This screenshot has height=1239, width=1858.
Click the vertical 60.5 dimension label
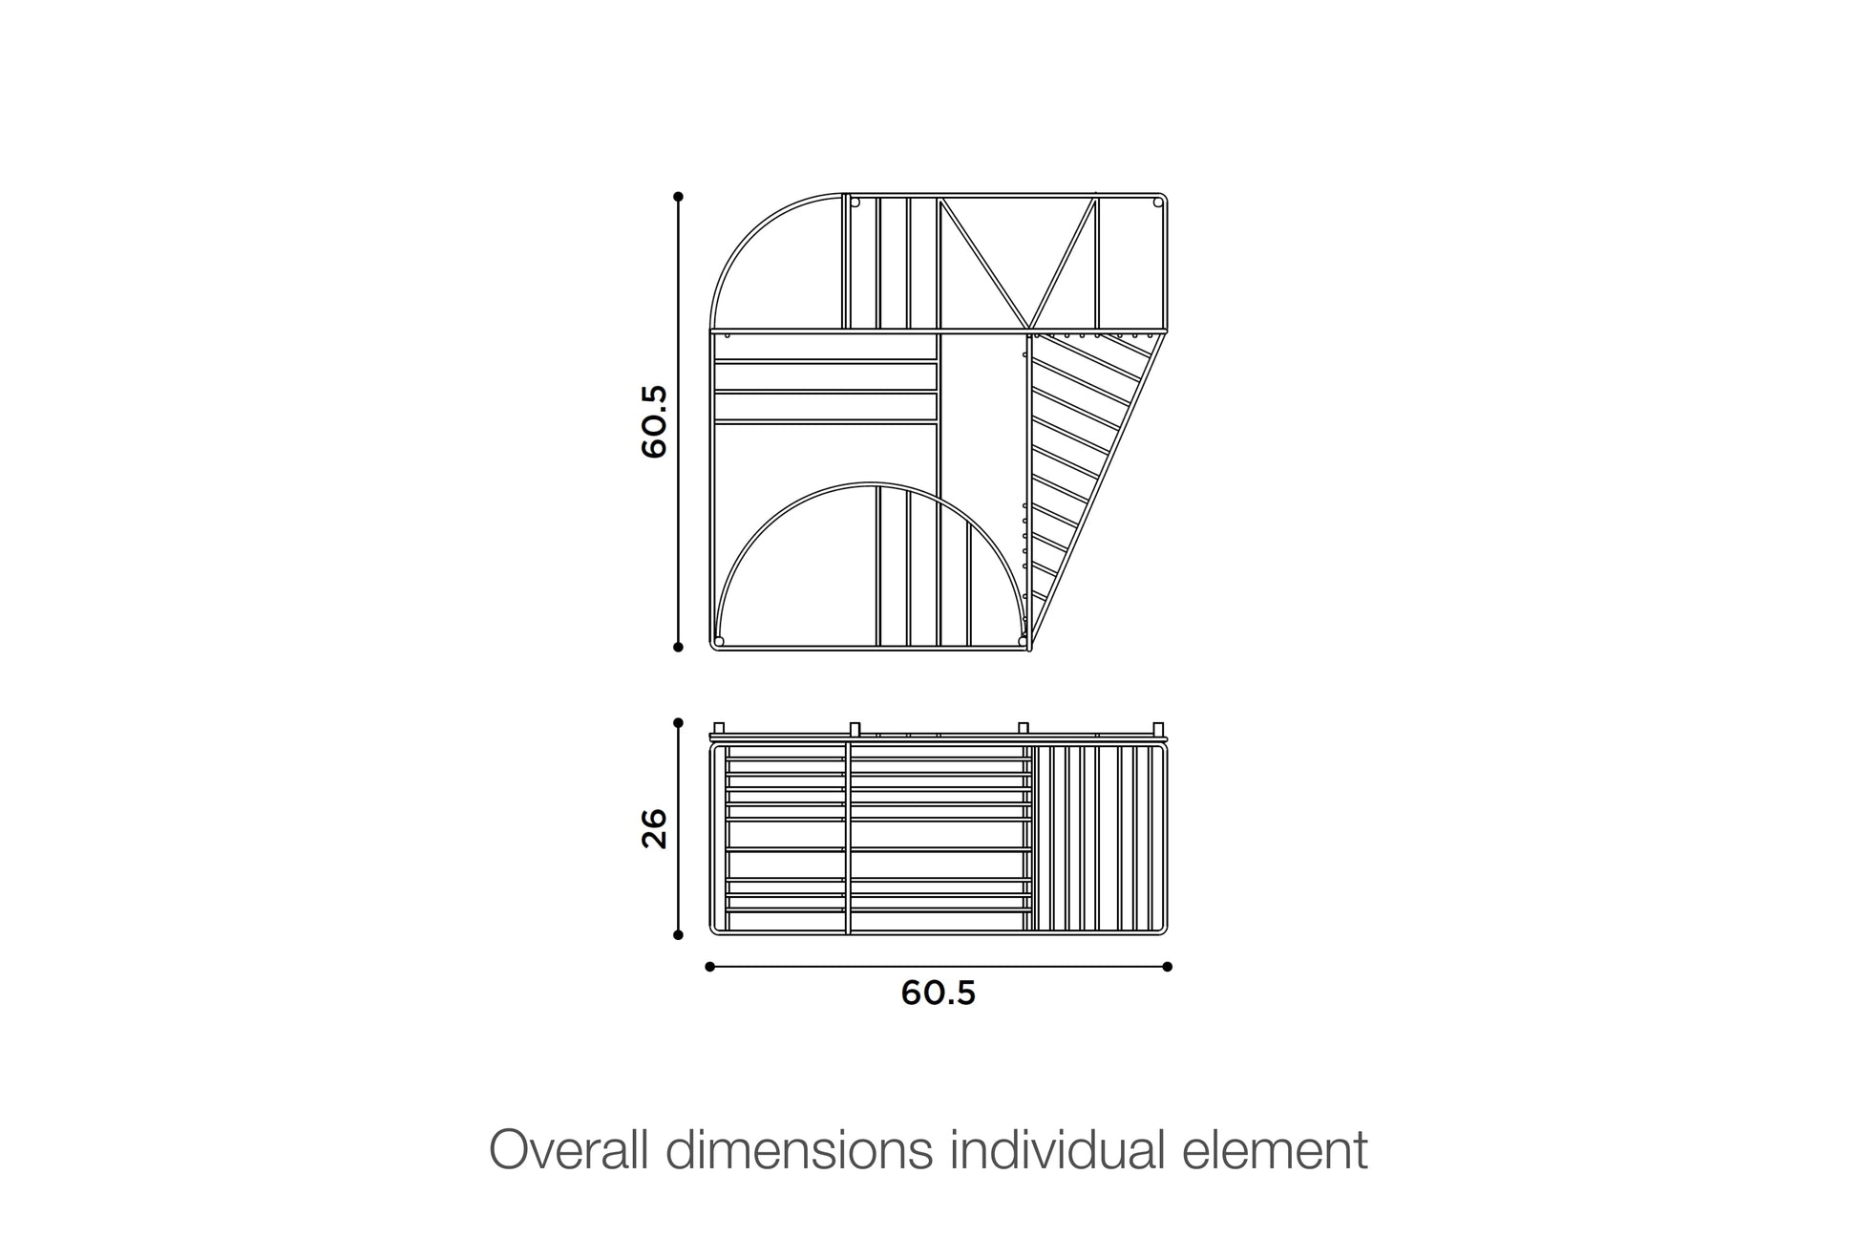click(654, 421)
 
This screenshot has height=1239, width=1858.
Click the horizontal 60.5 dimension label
click(939, 993)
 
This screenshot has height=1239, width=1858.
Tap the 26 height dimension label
click(654, 828)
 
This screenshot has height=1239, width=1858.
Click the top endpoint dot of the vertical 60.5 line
click(678, 197)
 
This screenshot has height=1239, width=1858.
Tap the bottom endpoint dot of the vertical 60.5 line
click(678, 647)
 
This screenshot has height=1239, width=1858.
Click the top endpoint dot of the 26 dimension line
click(678, 723)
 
